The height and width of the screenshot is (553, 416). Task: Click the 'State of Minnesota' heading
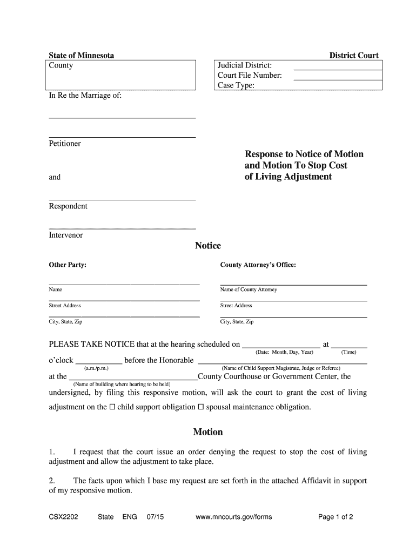click(81, 56)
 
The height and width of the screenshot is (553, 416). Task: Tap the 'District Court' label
click(354, 56)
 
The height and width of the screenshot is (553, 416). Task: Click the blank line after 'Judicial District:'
click(337, 69)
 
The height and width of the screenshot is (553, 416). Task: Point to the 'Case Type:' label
click(236, 85)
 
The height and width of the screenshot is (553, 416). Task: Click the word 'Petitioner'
click(65, 144)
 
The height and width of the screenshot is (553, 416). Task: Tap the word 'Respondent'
click(68, 206)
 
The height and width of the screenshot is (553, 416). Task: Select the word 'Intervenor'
click(66, 235)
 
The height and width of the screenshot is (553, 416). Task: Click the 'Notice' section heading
click(208, 246)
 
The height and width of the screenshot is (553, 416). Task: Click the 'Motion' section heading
click(208, 432)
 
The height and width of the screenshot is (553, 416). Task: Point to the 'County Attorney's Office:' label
click(258, 265)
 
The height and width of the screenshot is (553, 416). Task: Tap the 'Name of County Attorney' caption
click(249, 290)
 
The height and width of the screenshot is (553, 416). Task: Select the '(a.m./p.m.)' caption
click(96, 368)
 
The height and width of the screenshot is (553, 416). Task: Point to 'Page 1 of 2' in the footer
click(336, 517)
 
